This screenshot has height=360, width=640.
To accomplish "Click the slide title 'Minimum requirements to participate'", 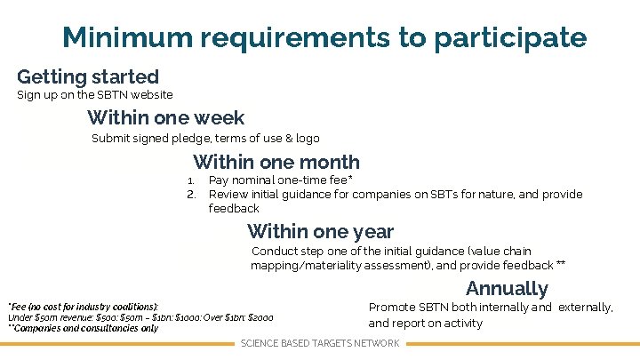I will (324, 38).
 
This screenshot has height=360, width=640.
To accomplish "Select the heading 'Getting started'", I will (87, 77).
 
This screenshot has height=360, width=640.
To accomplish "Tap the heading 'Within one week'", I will (165, 117).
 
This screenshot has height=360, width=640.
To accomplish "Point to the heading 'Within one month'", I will (276, 162).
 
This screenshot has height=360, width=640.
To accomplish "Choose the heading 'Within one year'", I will (320, 232).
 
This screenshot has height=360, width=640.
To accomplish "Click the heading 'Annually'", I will (507, 288).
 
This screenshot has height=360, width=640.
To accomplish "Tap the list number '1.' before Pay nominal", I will (190, 180).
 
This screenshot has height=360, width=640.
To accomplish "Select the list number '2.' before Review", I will (190, 195).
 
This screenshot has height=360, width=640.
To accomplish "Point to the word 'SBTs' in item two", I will (456, 195).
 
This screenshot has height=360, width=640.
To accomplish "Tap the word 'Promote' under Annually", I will (391, 308).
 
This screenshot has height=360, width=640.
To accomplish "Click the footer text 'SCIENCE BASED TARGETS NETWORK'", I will (320, 344).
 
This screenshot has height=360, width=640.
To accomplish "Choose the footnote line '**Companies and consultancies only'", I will (84, 328).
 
